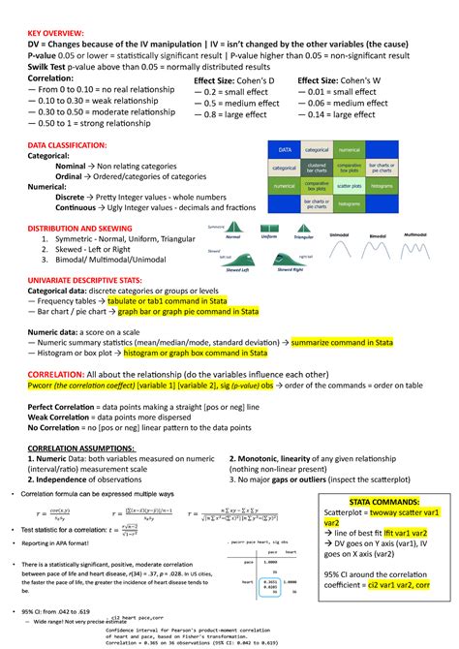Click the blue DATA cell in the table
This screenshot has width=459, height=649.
click(x=286, y=150)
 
